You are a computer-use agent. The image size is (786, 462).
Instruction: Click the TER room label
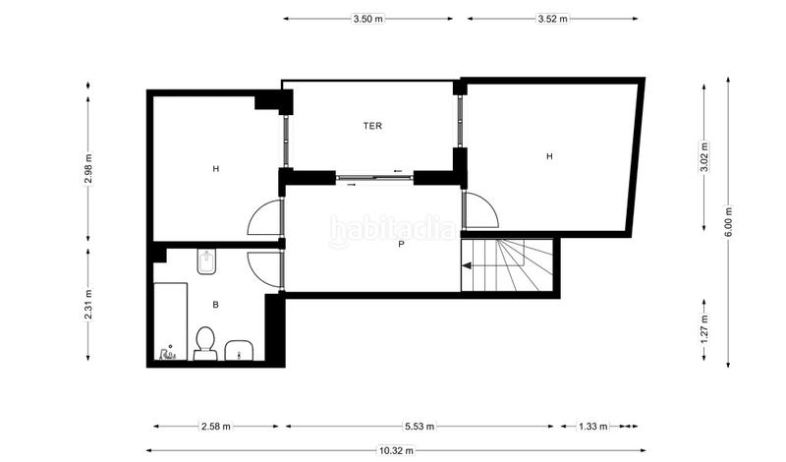tap(372, 126)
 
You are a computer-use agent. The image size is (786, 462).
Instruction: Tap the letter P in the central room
tap(401, 245)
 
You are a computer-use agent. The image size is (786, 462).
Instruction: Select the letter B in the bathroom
tap(215, 305)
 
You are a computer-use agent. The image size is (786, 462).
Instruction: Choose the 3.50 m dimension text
tap(368, 19)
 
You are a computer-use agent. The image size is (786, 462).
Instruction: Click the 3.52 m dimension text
tap(552, 19)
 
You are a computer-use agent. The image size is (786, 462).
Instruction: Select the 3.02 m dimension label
tap(703, 157)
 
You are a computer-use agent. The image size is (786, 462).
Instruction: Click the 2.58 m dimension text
tap(216, 427)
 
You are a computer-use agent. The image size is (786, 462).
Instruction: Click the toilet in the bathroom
tap(205, 343)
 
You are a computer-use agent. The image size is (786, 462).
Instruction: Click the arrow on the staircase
tap(470, 265)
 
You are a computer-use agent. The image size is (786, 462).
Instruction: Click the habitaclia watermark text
tap(391, 229)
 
